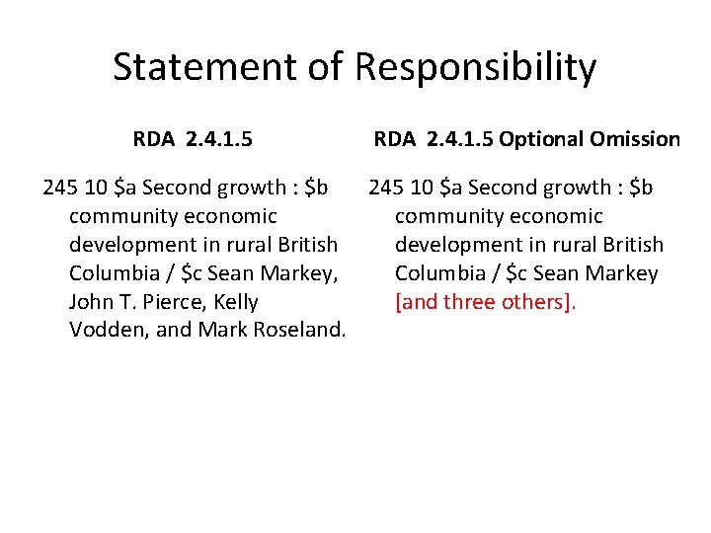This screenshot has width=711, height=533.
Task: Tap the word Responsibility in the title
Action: coord(475,68)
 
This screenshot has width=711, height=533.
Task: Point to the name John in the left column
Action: coord(92,301)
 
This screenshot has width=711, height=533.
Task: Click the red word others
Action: coord(540,301)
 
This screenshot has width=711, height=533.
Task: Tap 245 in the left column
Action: coord(57,187)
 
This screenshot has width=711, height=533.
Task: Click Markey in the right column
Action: coord(622,272)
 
